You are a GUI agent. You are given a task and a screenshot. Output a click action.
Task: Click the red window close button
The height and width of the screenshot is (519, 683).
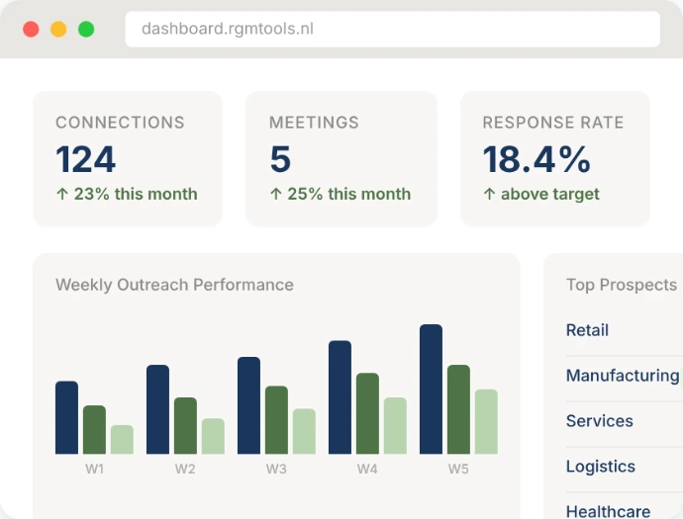(x=31, y=30)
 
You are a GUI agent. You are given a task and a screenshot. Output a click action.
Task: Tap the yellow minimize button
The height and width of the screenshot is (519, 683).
(x=58, y=30)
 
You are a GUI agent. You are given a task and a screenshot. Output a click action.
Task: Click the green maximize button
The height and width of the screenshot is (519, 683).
(x=86, y=30)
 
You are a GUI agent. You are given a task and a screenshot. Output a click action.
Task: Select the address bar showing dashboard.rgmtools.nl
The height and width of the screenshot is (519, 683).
(x=392, y=29)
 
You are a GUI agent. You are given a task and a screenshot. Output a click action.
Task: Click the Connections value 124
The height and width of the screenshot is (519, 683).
(x=86, y=159)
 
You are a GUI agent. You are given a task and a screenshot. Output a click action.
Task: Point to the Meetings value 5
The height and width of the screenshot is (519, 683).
(x=280, y=159)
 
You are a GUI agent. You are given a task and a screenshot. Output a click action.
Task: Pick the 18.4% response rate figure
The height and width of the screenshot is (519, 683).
(x=537, y=159)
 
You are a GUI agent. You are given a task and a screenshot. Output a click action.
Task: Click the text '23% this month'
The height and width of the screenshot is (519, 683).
(x=135, y=194)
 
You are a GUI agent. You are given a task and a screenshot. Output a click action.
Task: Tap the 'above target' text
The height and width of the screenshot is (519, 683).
(x=549, y=194)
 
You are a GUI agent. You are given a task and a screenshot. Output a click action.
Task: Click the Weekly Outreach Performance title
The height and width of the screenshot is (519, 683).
(x=174, y=285)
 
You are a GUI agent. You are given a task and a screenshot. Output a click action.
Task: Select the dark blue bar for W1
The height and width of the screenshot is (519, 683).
(x=66, y=417)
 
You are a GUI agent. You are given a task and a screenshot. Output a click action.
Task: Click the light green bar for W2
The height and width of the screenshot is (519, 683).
(x=213, y=436)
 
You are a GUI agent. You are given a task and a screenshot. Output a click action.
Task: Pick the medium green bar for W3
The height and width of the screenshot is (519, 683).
(x=276, y=419)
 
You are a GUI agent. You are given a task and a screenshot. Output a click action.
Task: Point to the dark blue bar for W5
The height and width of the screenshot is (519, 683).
(x=431, y=389)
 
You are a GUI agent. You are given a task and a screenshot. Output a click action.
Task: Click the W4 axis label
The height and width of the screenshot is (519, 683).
(x=367, y=469)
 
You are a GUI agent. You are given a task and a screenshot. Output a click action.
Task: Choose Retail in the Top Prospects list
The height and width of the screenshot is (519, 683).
(x=587, y=330)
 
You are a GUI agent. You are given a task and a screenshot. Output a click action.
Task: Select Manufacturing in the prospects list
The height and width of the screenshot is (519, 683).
(x=622, y=376)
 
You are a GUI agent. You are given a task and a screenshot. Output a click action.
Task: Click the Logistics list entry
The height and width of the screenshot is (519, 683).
(x=600, y=467)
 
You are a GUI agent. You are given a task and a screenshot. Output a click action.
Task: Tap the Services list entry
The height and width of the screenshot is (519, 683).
(x=599, y=421)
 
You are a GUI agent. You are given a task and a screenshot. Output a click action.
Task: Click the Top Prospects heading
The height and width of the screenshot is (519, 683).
(x=621, y=285)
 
